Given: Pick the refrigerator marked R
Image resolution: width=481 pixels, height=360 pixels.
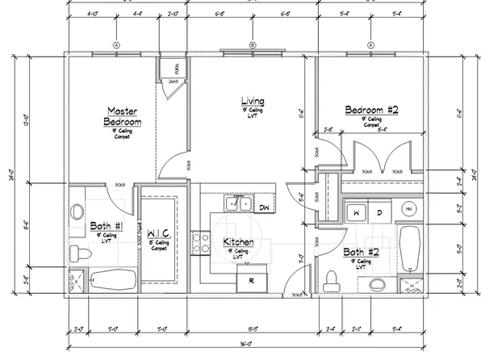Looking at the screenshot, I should (252, 280).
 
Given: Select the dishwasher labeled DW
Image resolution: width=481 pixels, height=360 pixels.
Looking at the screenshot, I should (264, 207).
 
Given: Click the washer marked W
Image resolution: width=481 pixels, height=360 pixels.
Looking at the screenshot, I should (355, 211).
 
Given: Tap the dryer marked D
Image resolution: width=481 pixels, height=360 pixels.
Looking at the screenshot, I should (379, 211).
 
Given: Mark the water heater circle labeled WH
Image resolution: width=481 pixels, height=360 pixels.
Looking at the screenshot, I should (408, 210).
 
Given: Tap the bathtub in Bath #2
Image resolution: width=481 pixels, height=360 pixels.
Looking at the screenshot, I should (410, 249).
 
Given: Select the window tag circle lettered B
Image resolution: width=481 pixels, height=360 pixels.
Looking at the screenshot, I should (252, 44).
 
